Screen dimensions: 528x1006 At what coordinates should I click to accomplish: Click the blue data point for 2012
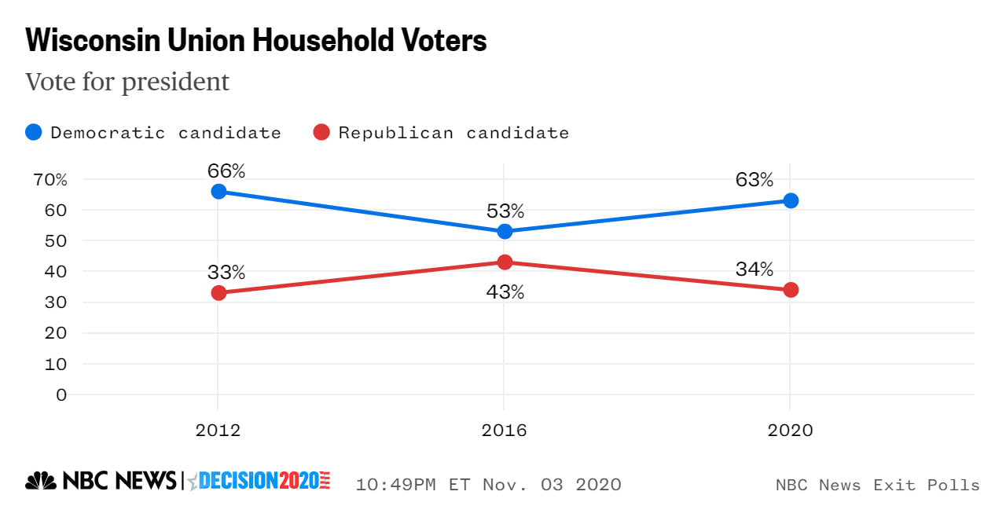pos(218,192)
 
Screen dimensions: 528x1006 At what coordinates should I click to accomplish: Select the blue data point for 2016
pos(505,231)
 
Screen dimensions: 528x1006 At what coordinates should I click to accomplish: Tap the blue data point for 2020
pos(791,200)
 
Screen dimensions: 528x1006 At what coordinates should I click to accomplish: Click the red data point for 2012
pos(218,292)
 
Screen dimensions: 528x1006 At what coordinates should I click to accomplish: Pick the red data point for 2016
pos(505,262)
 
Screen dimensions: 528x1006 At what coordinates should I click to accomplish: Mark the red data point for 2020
pos(791,290)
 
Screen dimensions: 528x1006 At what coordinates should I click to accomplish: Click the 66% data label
pos(226,170)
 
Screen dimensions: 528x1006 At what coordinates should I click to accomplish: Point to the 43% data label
pos(505,292)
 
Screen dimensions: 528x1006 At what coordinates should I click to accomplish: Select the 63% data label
pos(754,180)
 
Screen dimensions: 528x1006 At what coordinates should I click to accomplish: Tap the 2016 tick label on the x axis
pos(505,431)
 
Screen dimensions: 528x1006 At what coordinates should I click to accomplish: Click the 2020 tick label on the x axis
pos(791,431)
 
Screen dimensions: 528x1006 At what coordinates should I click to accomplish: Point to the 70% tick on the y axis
pos(50,180)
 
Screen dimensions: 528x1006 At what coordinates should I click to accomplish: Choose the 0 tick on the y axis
pos(61,394)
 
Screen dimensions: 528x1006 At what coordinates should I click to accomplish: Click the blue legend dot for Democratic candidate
pos(34,133)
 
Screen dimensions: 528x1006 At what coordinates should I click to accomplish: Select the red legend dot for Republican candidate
pos(321,133)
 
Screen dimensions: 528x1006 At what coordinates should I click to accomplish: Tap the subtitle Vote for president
pos(127,82)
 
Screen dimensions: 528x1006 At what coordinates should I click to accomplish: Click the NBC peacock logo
pos(41,480)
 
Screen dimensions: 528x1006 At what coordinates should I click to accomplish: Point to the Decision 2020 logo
pos(259,480)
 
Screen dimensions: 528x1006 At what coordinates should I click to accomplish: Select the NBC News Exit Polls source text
pos(877,485)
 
